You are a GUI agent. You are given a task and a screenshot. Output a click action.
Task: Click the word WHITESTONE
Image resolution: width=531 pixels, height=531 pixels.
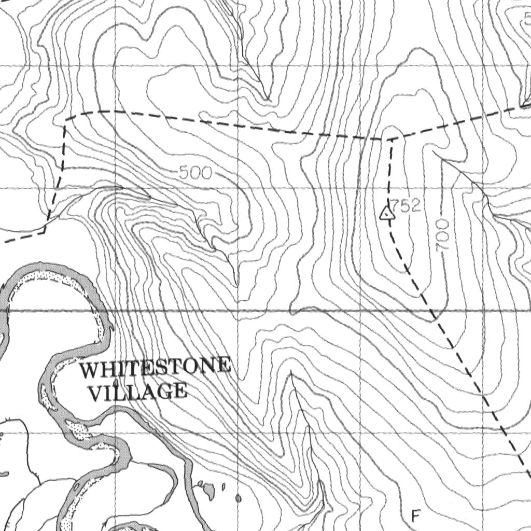tap(156, 369)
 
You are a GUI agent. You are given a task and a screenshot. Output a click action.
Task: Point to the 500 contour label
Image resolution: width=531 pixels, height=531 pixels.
tap(195, 173)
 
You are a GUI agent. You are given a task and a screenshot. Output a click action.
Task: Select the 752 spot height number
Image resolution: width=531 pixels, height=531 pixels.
tap(406, 206)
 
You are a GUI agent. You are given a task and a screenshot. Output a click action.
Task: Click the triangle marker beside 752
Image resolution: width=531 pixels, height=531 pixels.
tap(386, 213)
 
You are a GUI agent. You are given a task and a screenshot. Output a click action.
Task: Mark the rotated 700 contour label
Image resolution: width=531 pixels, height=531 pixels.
tap(442, 236)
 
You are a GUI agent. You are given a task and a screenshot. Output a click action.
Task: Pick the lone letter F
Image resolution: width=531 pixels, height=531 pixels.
tap(415, 516)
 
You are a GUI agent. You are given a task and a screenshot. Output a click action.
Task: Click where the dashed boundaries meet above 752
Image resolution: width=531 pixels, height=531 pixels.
tap(391, 139)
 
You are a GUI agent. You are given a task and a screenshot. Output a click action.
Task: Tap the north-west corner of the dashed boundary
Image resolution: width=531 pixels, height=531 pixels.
tap(66, 120)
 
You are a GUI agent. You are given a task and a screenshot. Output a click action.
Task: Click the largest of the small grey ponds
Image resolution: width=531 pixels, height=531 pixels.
tap(208, 488)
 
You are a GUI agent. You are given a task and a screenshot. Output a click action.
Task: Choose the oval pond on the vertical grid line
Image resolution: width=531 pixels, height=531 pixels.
tap(238, 499)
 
